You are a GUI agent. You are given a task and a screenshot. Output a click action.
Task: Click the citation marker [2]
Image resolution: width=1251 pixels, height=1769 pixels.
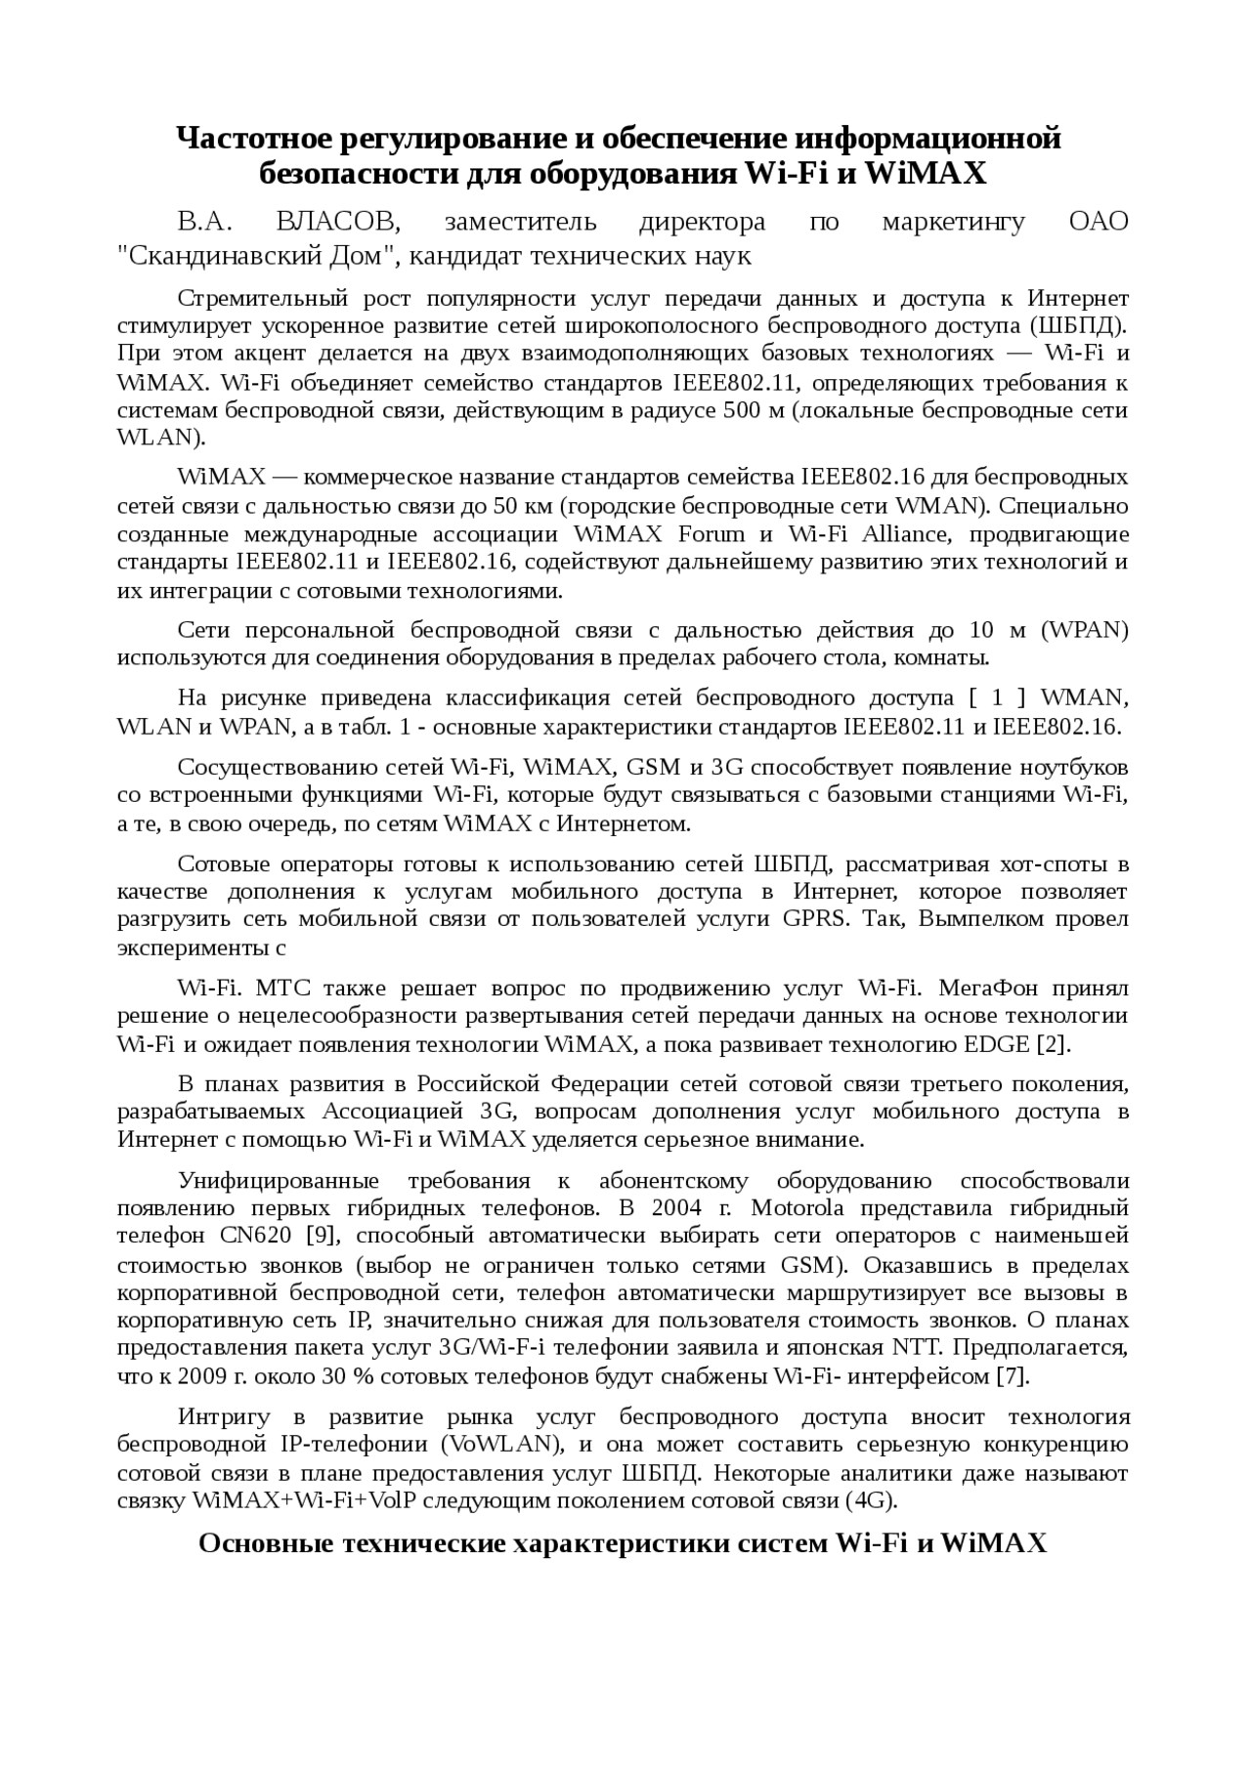[1054, 1044]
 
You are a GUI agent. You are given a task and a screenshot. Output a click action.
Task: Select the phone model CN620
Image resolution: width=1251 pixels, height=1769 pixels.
[255, 1236]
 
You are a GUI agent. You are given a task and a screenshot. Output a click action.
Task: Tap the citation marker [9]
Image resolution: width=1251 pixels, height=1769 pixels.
[322, 1236]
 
